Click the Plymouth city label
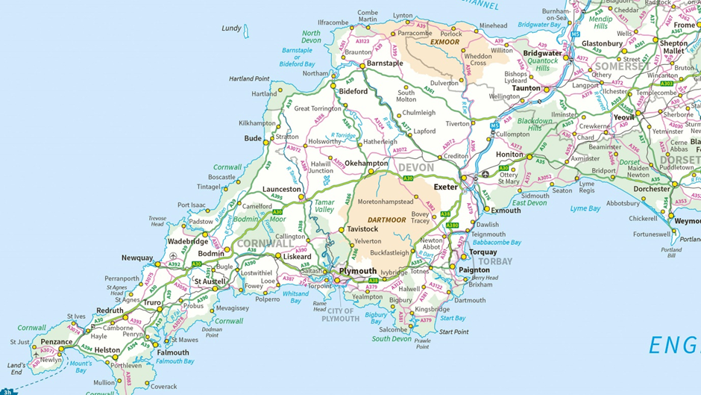coord(358,271)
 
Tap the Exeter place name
coord(446,187)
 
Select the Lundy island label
coord(231,28)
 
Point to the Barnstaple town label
coord(384,63)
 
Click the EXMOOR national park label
coord(445,43)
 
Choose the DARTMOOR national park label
coord(386,220)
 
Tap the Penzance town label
coord(56,342)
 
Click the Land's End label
coord(15,368)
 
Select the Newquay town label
coord(137,258)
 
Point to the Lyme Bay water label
coord(585,209)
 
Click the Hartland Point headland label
coord(249,78)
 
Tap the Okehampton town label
coord(366,163)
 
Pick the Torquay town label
coord(483,252)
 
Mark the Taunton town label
coord(526,88)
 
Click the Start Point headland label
coord(453,332)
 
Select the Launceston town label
coord(282,190)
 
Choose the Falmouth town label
coord(173,352)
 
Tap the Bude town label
coord(253,139)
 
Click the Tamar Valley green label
coord(324,206)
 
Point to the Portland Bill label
coord(671,252)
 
